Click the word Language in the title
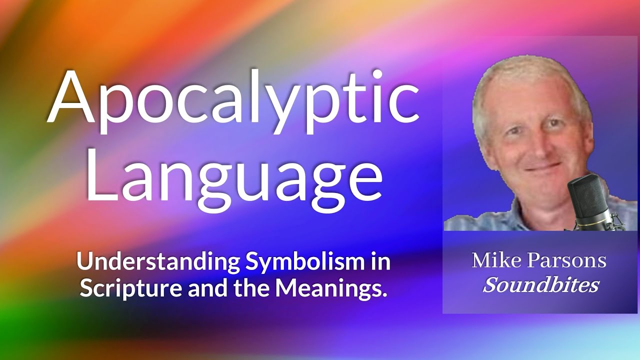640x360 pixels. coord(233,172)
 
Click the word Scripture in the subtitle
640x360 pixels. coord(131,288)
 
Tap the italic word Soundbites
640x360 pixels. coord(540,285)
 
